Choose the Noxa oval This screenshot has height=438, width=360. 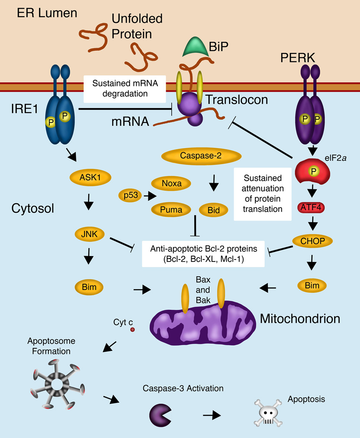point(171,183)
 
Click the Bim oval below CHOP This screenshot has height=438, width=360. point(312,287)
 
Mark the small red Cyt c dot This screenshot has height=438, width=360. point(132,330)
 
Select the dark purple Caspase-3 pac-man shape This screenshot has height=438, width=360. point(160,413)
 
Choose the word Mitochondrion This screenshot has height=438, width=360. point(300,319)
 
